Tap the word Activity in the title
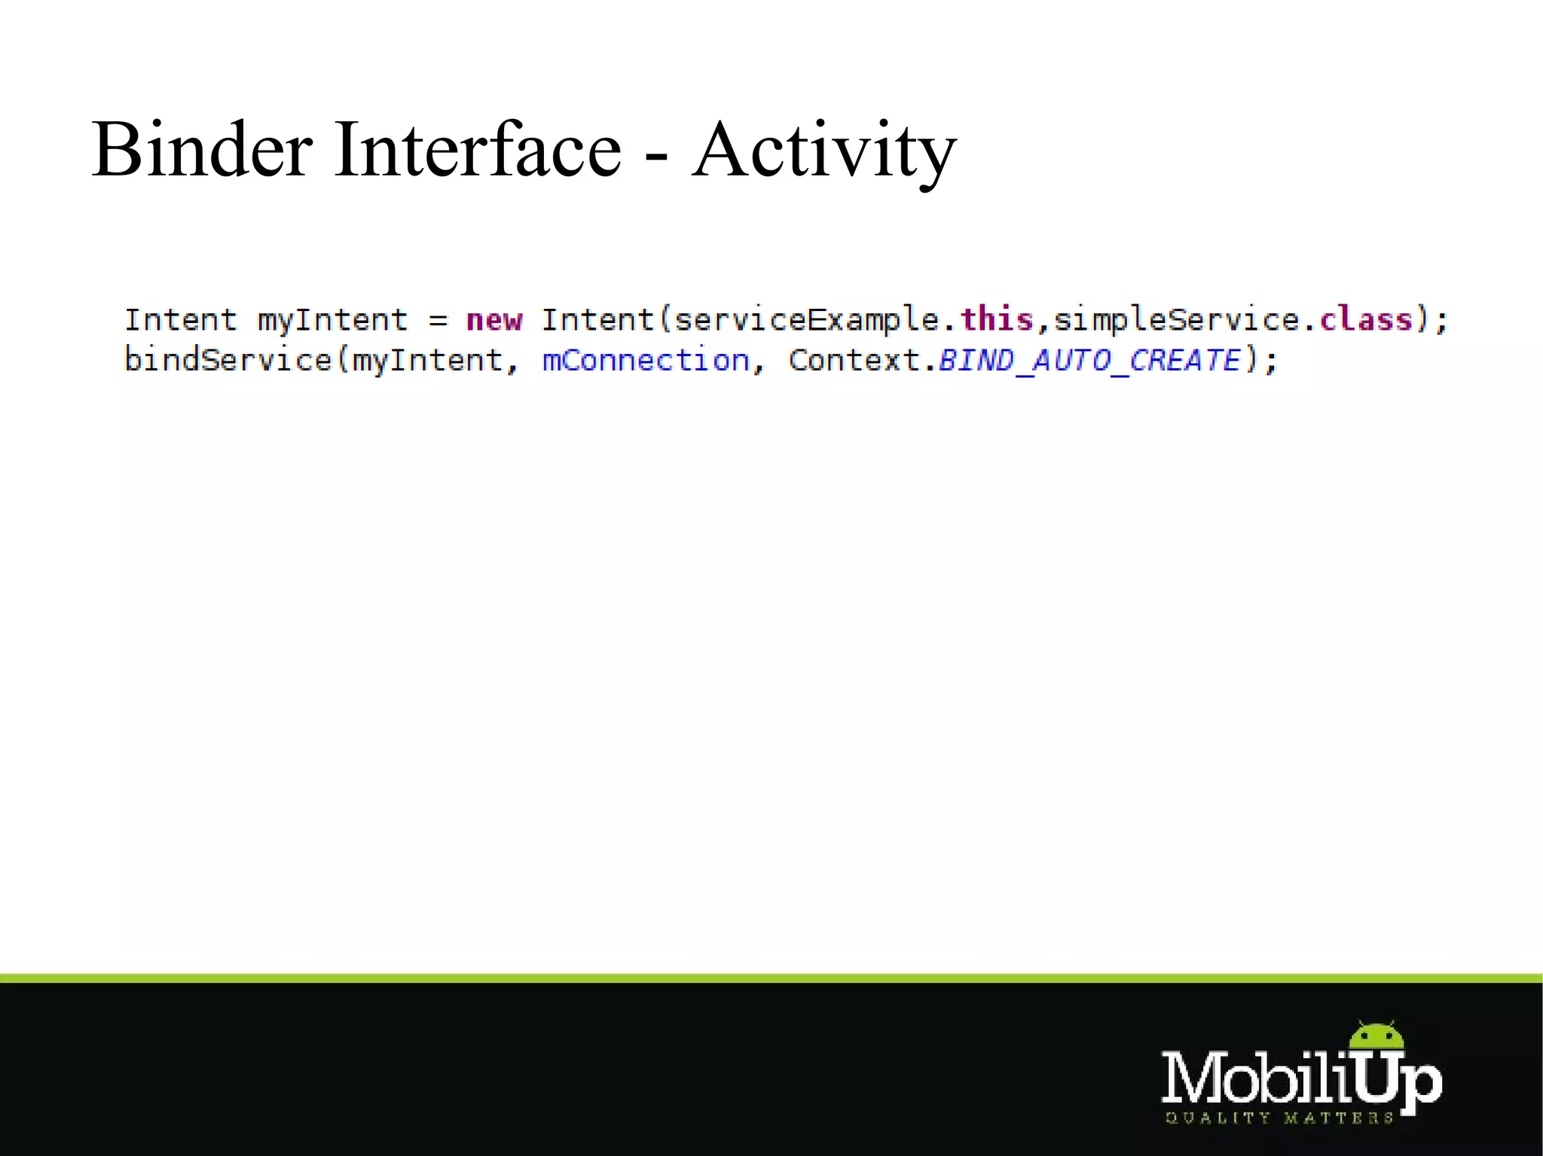click(824, 151)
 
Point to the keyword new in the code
click(494, 320)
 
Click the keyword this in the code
click(996, 319)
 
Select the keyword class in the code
click(1366, 319)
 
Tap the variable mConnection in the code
click(646, 360)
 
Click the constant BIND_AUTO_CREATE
click(1089, 360)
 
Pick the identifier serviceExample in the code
click(806, 320)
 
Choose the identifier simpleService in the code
click(1176, 320)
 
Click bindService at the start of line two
click(228, 360)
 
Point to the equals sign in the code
click(438, 321)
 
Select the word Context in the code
click(855, 360)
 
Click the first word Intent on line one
click(181, 320)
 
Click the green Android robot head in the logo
click(1376, 1037)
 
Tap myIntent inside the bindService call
click(427, 361)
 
